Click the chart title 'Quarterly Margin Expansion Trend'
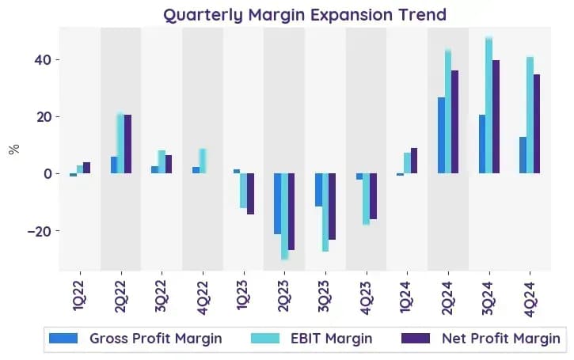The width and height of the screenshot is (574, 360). (305, 15)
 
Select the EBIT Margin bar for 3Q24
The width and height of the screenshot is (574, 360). (488, 105)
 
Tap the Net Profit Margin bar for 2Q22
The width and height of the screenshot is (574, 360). (127, 144)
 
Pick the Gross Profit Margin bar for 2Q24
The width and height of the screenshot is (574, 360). (442, 135)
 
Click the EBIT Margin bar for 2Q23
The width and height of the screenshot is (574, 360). (284, 216)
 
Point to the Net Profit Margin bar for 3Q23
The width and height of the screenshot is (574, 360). (332, 207)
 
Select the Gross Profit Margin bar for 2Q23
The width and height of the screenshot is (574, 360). (278, 204)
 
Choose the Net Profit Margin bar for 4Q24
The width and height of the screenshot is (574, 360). (536, 124)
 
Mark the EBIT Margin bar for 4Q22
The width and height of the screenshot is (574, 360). (203, 161)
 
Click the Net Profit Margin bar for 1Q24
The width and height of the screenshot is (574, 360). (414, 161)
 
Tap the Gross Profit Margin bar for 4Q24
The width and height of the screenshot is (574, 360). (523, 155)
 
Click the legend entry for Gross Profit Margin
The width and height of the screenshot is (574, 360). (135, 339)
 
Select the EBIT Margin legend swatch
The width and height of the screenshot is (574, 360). (265, 339)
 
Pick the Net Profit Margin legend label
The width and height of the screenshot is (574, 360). (501, 339)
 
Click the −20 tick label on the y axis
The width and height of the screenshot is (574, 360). (40, 231)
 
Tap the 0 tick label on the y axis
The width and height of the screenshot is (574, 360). (48, 174)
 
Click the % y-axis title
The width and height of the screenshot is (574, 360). (14, 150)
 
